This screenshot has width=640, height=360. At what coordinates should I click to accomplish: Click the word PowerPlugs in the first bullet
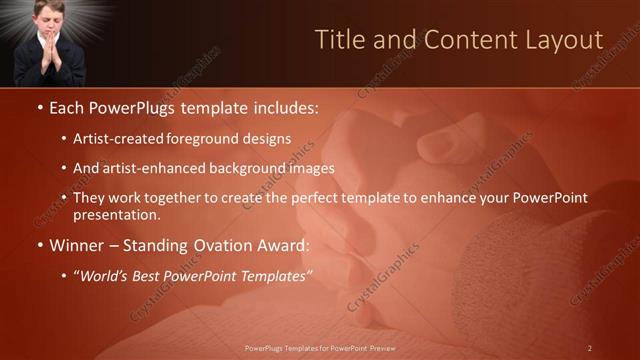[129, 106]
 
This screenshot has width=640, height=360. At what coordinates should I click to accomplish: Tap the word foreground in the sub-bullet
[211, 139]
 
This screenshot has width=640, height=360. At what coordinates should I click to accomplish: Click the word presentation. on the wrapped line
[116, 215]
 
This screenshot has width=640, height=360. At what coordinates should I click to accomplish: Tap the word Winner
[78, 245]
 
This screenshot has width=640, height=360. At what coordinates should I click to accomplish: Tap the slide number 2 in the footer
[590, 348]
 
